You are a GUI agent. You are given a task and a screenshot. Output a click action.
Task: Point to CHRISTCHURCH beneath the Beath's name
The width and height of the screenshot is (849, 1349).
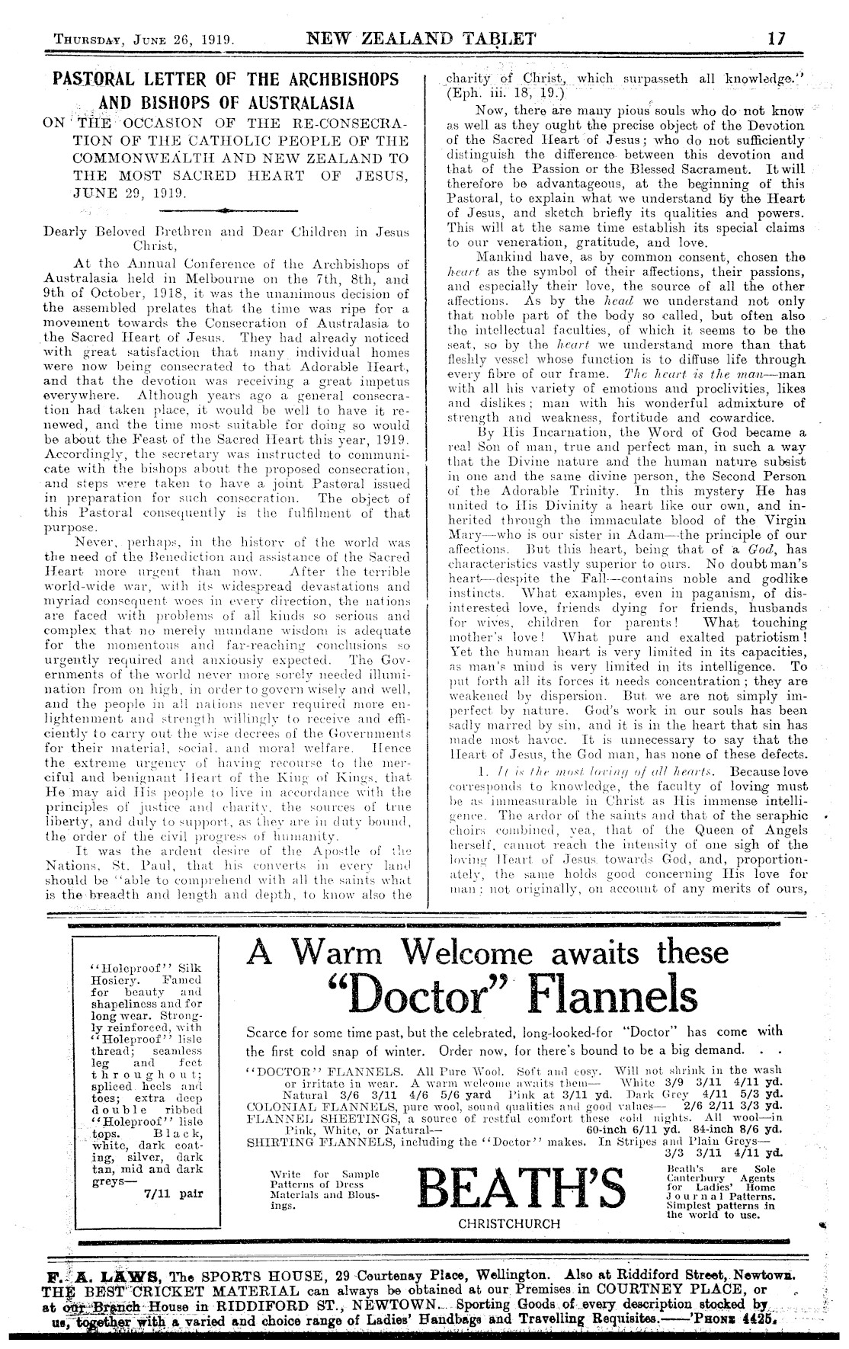point(509,1223)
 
